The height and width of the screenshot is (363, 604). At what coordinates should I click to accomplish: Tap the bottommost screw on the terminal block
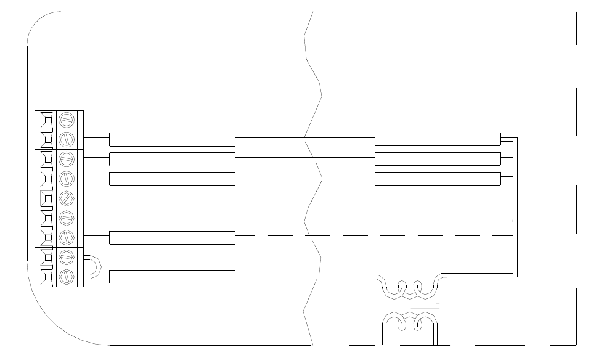tap(66, 275)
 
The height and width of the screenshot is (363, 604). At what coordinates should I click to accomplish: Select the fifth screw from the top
tap(66, 198)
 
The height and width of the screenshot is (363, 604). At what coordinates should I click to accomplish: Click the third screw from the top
tap(66, 158)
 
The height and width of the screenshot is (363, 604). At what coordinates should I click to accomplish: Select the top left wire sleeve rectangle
tap(172, 139)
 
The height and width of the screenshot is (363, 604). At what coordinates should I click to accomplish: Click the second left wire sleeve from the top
tap(172, 159)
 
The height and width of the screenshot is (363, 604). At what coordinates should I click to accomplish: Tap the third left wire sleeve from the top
tap(172, 179)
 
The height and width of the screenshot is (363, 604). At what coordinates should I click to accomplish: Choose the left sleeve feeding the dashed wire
tap(172, 237)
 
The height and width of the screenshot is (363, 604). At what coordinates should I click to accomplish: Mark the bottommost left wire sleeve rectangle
tap(172, 277)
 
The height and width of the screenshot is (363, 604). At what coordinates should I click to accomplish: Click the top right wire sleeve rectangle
tap(438, 139)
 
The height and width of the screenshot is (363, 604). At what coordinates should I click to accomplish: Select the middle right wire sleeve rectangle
tap(438, 159)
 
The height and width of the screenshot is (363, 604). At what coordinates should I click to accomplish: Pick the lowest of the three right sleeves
tap(438, 179)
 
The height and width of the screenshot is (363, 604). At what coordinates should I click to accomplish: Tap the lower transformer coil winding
tap(410, 320)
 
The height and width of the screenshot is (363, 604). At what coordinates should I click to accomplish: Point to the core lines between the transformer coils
tap(410, 304)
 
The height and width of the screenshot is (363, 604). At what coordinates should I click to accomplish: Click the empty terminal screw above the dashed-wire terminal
tap(66, 217)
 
